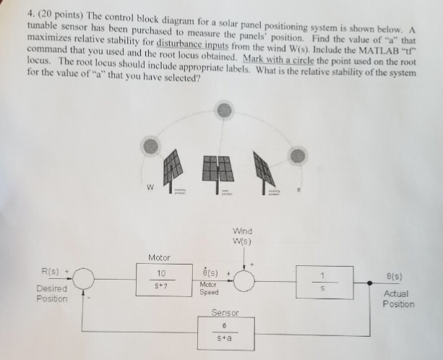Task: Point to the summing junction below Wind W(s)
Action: [244, 280]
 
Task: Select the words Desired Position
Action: [52, 293]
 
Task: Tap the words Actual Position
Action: [397, 299]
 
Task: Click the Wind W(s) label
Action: [241, 236]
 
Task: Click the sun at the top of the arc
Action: [225, 109]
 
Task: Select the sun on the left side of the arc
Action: [150, 145]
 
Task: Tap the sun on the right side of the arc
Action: [297, 155]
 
